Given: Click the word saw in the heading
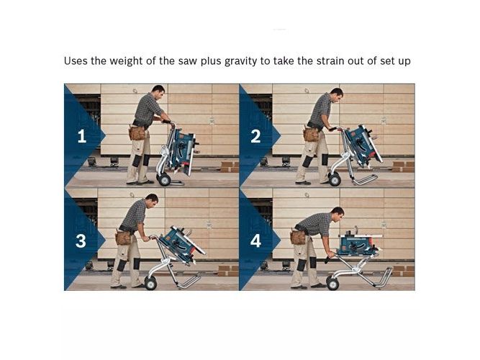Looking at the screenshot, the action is point(188,61).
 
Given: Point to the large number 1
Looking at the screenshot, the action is point(82,136).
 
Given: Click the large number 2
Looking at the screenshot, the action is point(255,136).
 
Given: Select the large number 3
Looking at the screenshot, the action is point(81,240).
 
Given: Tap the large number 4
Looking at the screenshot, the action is point(255,240).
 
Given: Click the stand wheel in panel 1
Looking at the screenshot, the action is point(164,179).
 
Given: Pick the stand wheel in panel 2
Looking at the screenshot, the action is point(335,179).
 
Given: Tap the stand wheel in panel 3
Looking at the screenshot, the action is point(150,284).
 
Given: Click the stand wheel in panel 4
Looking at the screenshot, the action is point(332,284).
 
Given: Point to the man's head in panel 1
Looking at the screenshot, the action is point(158,92).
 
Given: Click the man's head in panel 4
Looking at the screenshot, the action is point(338,214).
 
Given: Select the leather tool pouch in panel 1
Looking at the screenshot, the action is point(137,133).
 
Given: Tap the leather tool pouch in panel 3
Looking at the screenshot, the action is point(123,238).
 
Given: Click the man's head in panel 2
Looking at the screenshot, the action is point(336,95).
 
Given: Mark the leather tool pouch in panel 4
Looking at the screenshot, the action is point(298,237).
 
